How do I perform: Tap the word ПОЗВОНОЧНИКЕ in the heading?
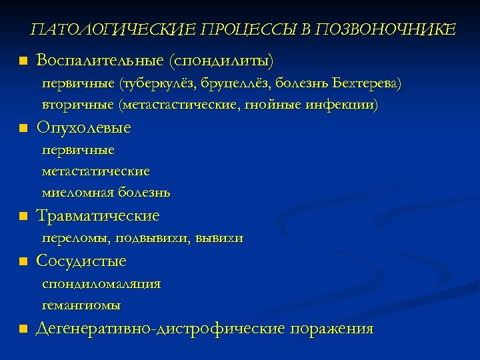387,30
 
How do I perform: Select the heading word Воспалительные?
100,61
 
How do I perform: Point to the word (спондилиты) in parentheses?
221,61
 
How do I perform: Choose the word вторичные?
77,105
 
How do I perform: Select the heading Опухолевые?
84,127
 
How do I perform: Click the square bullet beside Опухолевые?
23,127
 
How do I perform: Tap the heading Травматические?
98,216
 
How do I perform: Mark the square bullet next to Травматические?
23,217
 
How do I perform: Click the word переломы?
75,238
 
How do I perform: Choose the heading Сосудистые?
81,261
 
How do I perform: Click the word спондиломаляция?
101,284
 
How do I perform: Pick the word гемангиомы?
81,305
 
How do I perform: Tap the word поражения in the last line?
331,328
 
